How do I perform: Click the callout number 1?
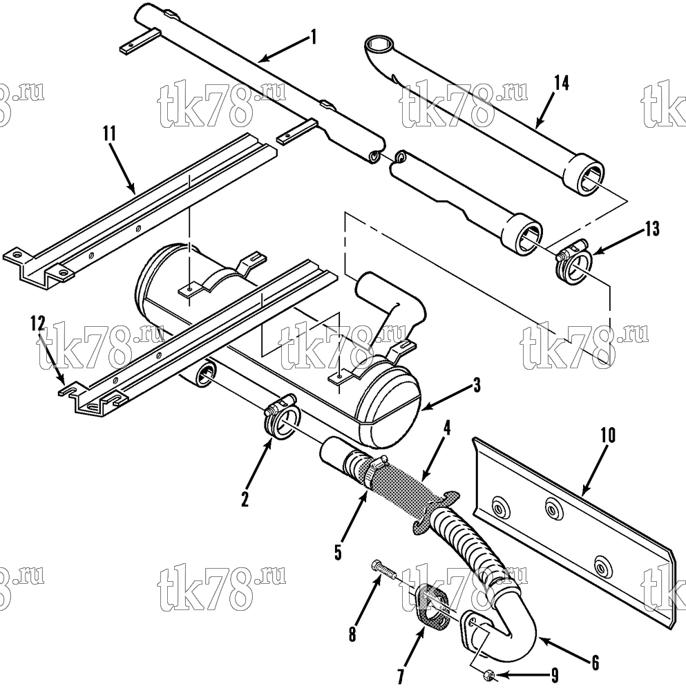pyautogui.click(x=313, y=37)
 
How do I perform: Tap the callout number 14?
pyautogui.click(x=562, y=83)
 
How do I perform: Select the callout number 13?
pyautogui.click(x=652, y=229)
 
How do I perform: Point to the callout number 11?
pyautogui.click(x=109, y=133)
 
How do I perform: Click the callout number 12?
pyautogui.click(x=38, y=323)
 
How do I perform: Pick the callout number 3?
pyautogui.click(x=477, y=386)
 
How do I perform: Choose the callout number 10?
pyautogui.click(x=607, y=435)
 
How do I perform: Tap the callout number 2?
pyautogui.click(x=245, y=500)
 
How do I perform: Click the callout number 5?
pyautogui.click(x=338, y=552)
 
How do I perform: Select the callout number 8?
pyautogui.click(x=352, y=634)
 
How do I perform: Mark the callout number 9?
pyautogui.click(x=555, y=675)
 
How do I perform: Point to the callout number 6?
pyautogui.click(x=596, y=663)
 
